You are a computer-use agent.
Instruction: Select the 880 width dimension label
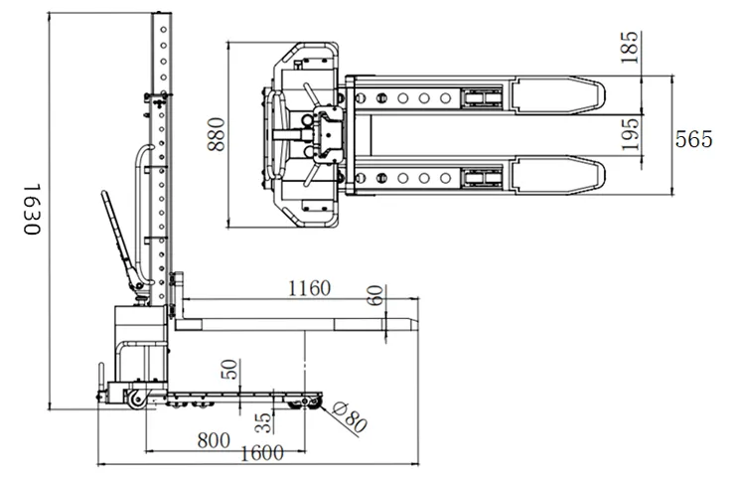(218, 135)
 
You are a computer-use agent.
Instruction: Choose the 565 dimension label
(694, 139)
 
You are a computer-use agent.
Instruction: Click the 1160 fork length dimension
(309, 289)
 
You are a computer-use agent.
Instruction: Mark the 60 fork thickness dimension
(373, 296)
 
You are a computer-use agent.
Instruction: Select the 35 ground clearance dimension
(262, 422)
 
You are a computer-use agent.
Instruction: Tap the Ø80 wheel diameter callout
(351, 418)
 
